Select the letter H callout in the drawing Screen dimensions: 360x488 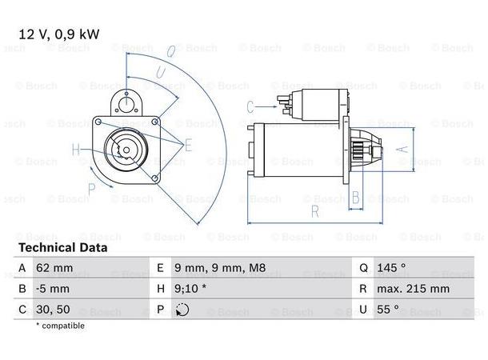(x=76, y=149)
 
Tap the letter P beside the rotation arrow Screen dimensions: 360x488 (x=93, y=189)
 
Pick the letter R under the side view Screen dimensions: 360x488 (x=314, y=213)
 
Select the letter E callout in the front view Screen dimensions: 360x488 (x=189, y=145)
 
